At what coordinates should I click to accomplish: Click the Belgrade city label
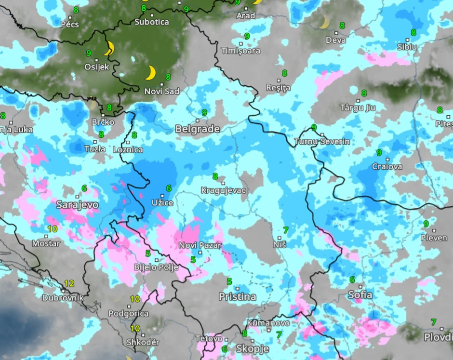point(198,129)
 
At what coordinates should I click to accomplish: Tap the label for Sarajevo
point(77,205)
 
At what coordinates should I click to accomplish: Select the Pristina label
point(237,296)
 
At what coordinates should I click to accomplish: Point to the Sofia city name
point(360,294)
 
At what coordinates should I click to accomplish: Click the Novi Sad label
point(161,91)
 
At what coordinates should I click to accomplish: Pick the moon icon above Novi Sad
point(151,73)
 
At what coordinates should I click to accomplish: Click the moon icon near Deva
point(324,22)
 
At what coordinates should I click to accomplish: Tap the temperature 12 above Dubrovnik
point(69,283)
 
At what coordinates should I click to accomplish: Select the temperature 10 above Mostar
point(53,229)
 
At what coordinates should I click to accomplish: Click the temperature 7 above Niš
point(286,230)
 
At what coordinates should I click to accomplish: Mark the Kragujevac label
point(224,190)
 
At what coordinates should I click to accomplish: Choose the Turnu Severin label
point(322,142)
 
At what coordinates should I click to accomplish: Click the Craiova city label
point(387,167)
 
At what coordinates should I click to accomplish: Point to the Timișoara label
point(240,51)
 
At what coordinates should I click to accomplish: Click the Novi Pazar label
point(200,245)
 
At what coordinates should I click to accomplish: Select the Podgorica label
point(128,314)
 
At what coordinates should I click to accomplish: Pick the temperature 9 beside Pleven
point(426,224)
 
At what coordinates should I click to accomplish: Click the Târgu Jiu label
point(358,107)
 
